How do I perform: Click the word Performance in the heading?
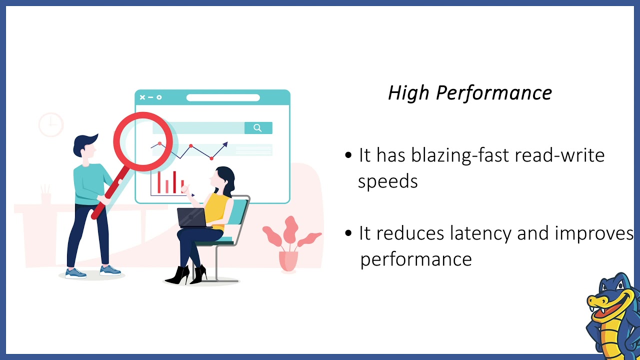pos(493,93)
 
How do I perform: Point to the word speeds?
pos(387,181)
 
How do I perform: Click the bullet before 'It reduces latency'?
pos(348,233)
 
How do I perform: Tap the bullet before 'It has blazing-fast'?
pos(348,155)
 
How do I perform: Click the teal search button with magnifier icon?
pos(258,128)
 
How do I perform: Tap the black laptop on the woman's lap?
pos(191,218)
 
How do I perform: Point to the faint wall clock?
pos(51,124)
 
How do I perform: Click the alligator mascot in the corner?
pos(613,315)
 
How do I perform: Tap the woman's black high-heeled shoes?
pos(186,274)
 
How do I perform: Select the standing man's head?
pos(84,147)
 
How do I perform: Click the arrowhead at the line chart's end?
pos(225,144)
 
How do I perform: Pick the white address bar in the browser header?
pos(223,97)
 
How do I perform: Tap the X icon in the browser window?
pos(142,97)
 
